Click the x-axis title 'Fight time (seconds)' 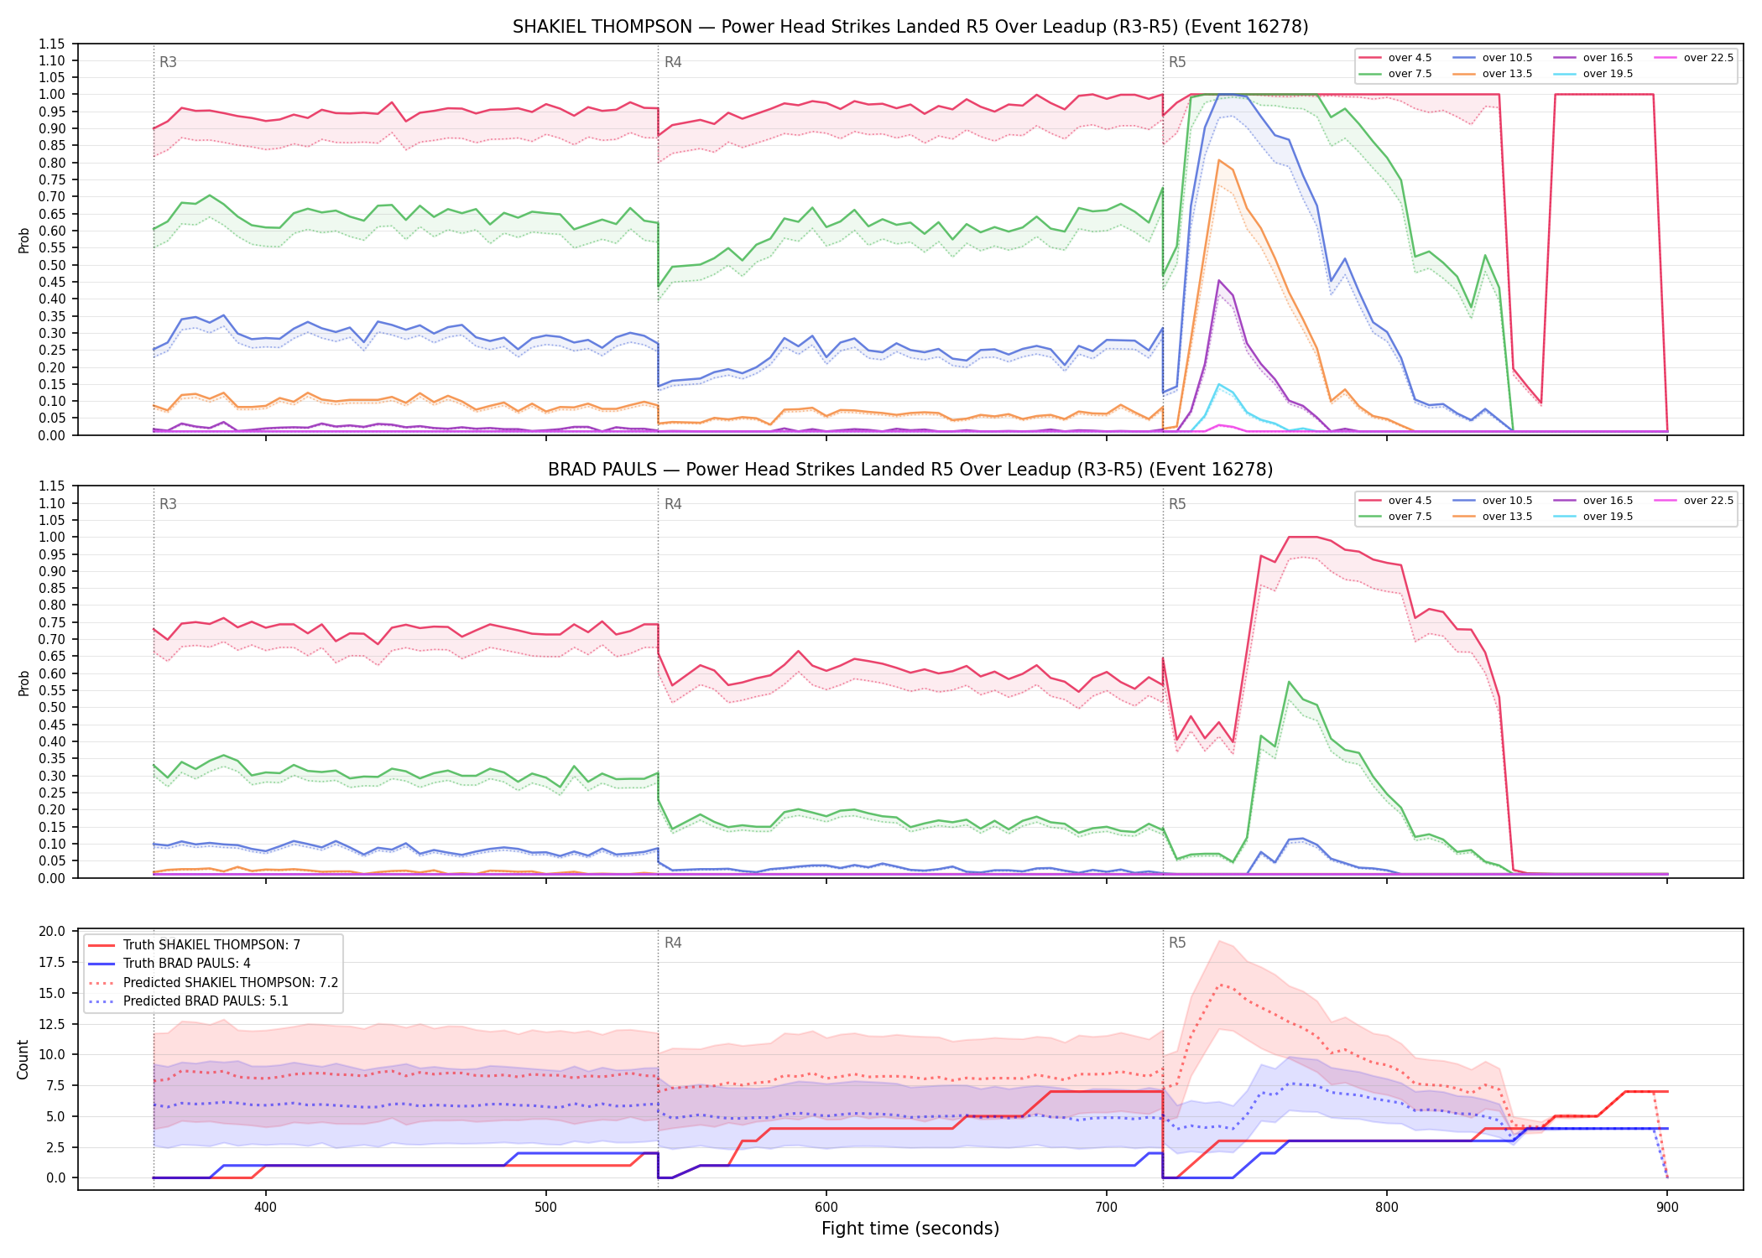point(910,1229)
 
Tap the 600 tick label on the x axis point(826,1207)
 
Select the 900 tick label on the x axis point(1667,1207)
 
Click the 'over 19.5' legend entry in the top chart point(1593,74)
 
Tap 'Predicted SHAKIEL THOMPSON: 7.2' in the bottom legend point(213,982)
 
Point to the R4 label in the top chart point(673,62)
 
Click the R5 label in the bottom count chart point(1177,943)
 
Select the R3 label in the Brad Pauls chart point(168,504)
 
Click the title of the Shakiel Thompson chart point(910,27)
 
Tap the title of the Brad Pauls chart point(910,470)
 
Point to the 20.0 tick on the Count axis point(52,931)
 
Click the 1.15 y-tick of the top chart point(52,44)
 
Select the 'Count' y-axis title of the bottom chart point(23,1060)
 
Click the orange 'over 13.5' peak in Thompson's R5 point(1218,159)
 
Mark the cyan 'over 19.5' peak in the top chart point(1218,384)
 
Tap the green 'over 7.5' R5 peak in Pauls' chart point(1289,682)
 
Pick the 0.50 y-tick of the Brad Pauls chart point(52,707)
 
